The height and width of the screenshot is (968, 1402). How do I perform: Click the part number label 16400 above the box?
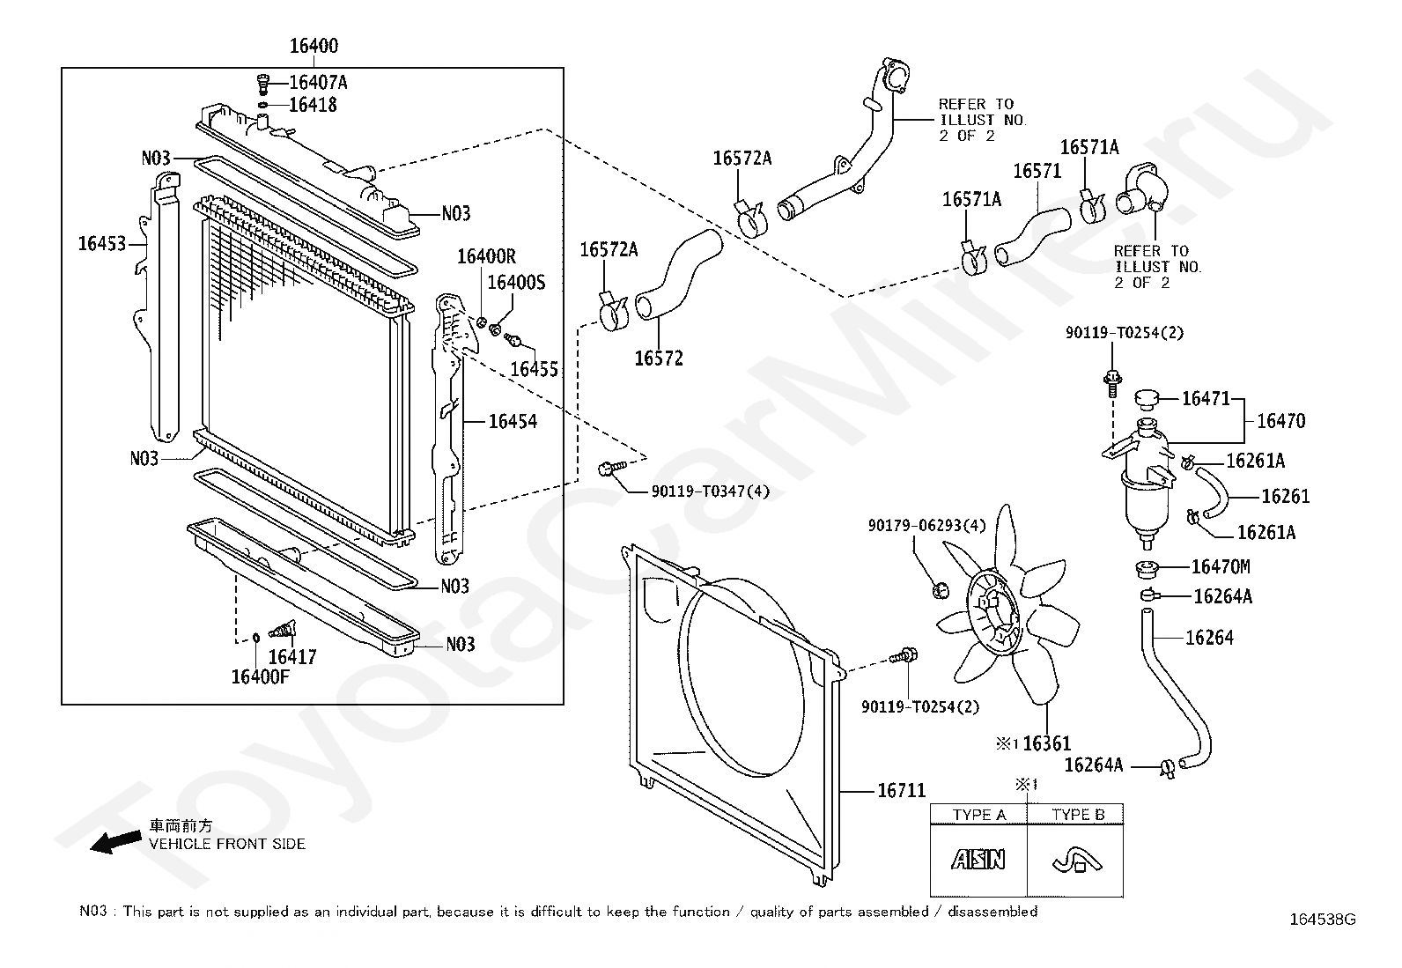coord(314,46)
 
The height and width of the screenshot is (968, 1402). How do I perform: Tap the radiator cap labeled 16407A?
coord(263,83)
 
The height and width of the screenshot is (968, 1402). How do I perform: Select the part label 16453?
coord(102,243)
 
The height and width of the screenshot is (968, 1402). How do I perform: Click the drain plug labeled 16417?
coord(283,629)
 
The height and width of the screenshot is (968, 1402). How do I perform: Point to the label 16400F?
coord(261,676)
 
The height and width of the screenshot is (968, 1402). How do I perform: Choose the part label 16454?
coord(513,421)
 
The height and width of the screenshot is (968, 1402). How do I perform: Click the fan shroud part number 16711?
coord(901,791)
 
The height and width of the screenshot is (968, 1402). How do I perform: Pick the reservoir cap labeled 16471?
coord(1147,398)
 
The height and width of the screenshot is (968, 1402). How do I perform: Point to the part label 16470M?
coord(1221,566)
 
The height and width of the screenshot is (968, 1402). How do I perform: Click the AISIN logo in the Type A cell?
coord(978,859)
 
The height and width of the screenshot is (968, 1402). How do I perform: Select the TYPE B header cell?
coord(1075,814)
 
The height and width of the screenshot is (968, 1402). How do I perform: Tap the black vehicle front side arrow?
coord(115,841)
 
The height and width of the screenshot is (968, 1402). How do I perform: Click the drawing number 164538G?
coord(1323,920)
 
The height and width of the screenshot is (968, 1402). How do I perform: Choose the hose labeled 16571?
coord(1033,237)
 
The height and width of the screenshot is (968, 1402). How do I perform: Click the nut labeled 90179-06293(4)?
coord(940,590)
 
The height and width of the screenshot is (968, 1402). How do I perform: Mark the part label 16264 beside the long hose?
coord(1209,638)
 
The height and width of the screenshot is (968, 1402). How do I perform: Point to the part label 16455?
coord(534,369)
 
